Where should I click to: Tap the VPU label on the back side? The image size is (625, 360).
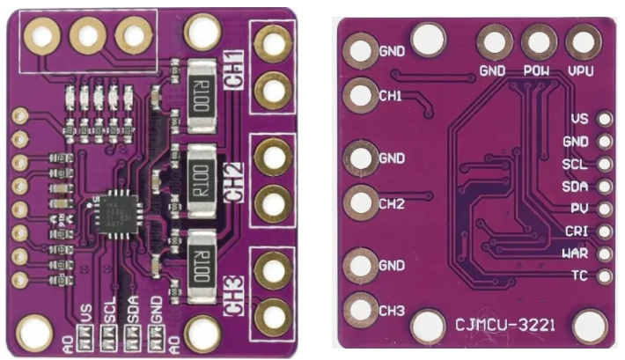point(581,70)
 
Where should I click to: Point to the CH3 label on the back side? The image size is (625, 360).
point(392,311)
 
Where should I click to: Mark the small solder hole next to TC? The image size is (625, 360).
point(605,276)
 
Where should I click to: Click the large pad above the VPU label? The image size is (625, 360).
point(581,40)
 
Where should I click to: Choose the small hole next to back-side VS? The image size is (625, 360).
point(605,118)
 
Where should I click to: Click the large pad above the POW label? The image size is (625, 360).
point(536,40)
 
